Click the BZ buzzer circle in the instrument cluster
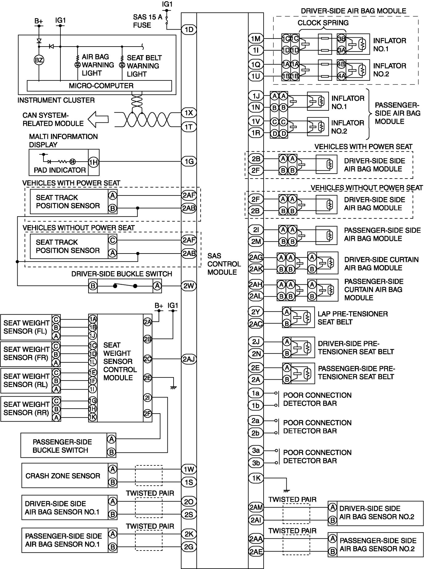[x=39, y=60]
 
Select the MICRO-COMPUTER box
[x=99, y=86]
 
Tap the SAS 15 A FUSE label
[x=147, y=21]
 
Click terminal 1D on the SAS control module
[x=189, y=30]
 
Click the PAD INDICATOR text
[x=60, y=170]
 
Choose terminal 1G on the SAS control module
[x=189, y=161]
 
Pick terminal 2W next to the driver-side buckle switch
[x=189, y=286]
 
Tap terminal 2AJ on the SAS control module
[x=189, y=359]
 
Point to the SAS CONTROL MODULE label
[x=224, y=264]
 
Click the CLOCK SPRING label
[x=323, y=23]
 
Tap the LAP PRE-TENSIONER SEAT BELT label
[x=353, y=318]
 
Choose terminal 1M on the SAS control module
[x=256, y=39]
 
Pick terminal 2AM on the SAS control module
[x=256, y=507]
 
